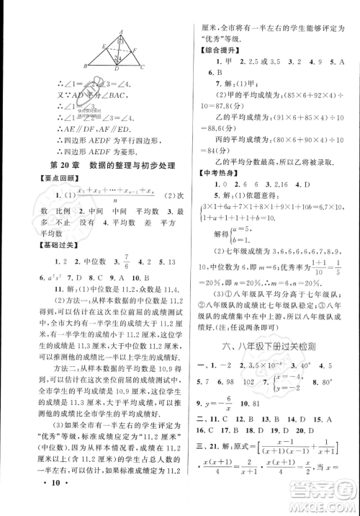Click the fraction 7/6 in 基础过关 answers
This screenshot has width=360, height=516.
(x=106, y=263)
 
